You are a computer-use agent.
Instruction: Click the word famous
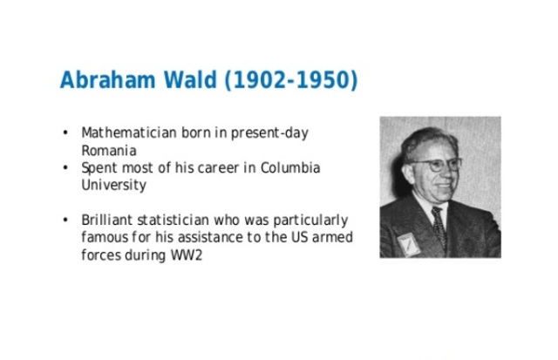tap(104, 237)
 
